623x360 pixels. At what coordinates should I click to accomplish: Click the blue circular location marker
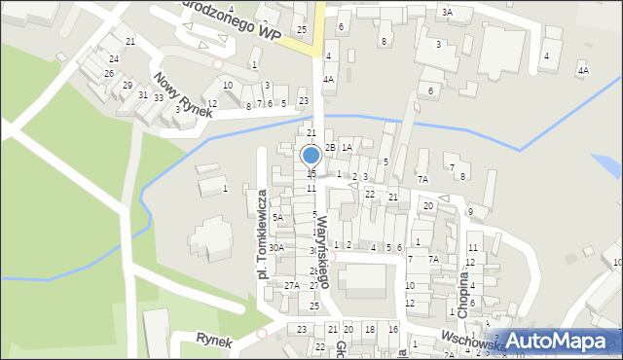click(x=311, y=156)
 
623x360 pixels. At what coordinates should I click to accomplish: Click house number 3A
click(x=447, y=12)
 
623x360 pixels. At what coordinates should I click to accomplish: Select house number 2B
click(x=330, y=147)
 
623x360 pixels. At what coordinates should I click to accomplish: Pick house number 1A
click(x=347, y=147)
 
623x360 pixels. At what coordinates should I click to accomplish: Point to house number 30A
click(x=277, y=248)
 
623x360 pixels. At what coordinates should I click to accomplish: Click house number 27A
click(x=291, y=285)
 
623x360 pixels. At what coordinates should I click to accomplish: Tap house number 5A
click(x=277, y=217)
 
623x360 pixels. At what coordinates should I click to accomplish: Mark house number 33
click(x=159, y=97)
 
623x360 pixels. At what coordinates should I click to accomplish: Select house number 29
click(x=128, y=86)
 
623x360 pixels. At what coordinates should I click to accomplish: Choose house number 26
click(x=109, y=73)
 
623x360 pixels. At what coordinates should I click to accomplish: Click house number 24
click(x=115, y=57)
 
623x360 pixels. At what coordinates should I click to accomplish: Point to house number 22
click(x=369, y=194)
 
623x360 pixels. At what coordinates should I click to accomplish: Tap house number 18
click(x=369, y=330)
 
